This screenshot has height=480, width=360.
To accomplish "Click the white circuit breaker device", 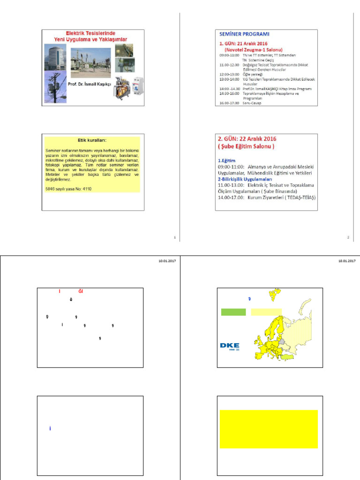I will pos(138,87).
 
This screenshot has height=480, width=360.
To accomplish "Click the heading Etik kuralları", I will pos(92,140).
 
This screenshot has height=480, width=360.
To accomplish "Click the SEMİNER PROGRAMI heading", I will pos(244,34).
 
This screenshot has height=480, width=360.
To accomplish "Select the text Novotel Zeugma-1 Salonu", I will pos(254,49).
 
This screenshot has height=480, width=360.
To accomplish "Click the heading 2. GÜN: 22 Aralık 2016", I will pos(247,139).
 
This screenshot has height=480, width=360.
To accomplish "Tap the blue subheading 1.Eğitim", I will pos(227,160).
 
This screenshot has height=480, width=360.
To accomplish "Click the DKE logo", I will pos(230,346).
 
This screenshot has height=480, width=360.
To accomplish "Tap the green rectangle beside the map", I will pos(233,312).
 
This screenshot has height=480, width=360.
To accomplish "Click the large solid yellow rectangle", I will pos(269,429).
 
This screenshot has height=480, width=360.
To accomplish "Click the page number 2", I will pos(348,238).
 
